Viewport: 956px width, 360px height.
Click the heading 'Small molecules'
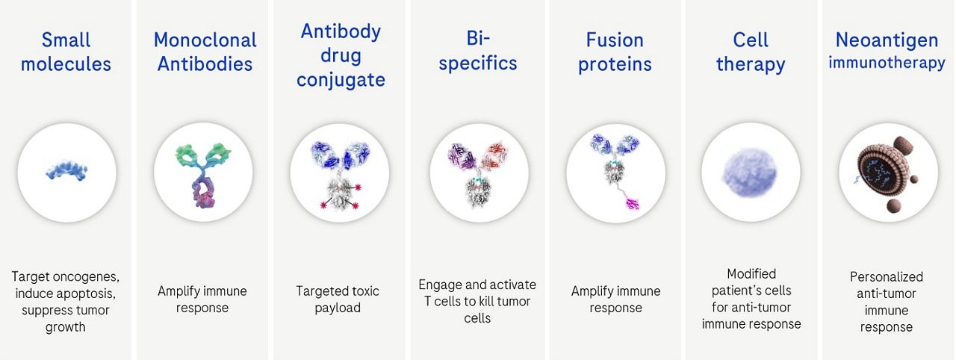pyautogui.click(x=66, y=52)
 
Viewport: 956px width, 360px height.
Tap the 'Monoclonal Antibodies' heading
pyautogui.click(x=205, y=52)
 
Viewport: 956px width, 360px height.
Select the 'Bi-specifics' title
pyautogui.click(x=478, y=52)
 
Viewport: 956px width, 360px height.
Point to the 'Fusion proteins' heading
pyautogui.click(x=615, y=52)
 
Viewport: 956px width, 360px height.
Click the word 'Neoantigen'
pyautogui.click(x=887, y=40)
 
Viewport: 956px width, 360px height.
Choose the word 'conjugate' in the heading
pyautogui.click(x=341, y=80)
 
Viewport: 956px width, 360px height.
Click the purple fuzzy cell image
pyautogui.click(x=750, y=173)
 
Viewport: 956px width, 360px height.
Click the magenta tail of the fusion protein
pyautogui.click(x=632, y=202)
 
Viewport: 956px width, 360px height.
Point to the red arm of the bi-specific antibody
pyautogui.click(x=494, y=155)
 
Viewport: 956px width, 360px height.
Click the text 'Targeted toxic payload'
pyautogui.click(x=338, y=300)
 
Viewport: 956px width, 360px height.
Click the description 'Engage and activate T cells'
pyautogui.click(x=477, y=293)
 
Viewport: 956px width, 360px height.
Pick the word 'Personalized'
pyautogui.click(x=887, y=277)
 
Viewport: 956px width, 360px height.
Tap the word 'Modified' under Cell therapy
pyautogui.click(x=751, y=273)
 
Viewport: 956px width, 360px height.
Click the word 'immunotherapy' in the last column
pyautogui.click(x=887, y=63)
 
